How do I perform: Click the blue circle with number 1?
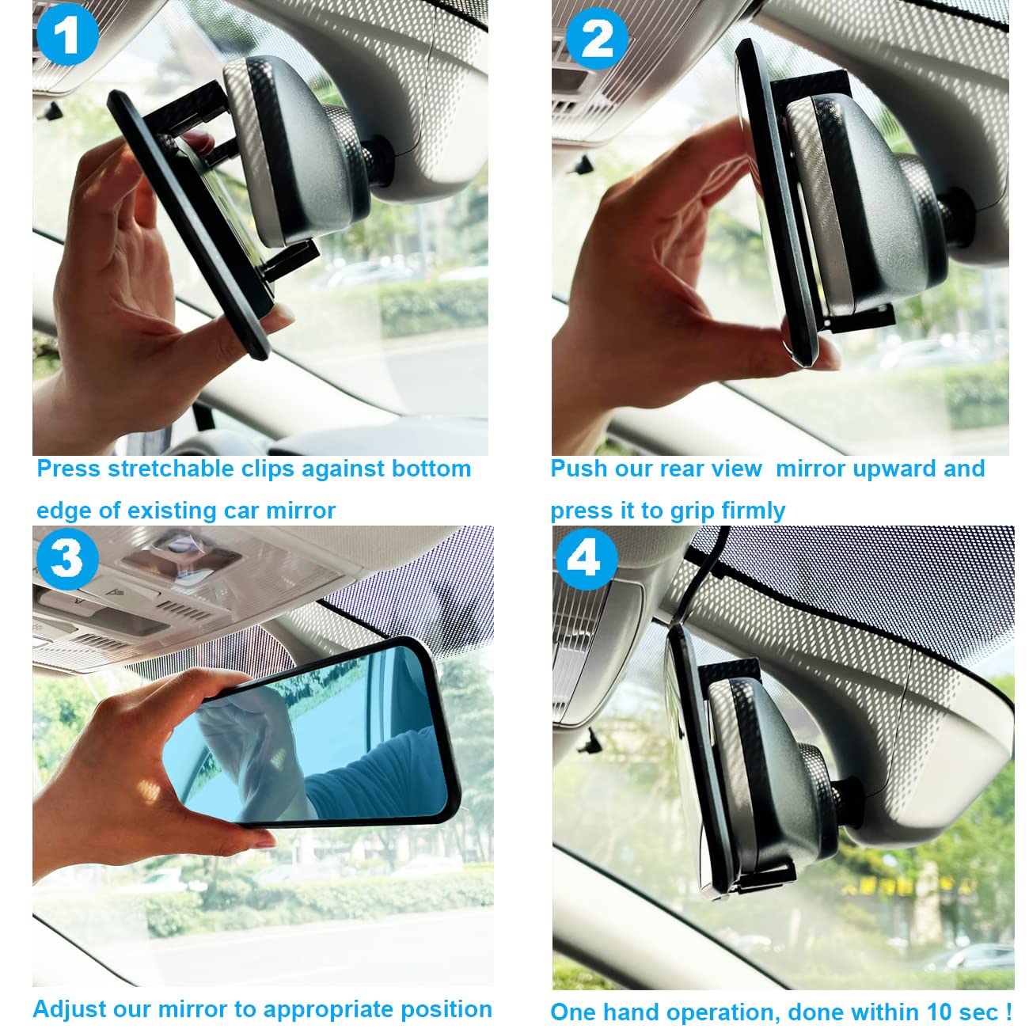click(67, 35)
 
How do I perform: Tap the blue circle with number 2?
click(596, 37)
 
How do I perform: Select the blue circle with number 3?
click(66, 558)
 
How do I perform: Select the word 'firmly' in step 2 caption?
click(750, 511)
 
